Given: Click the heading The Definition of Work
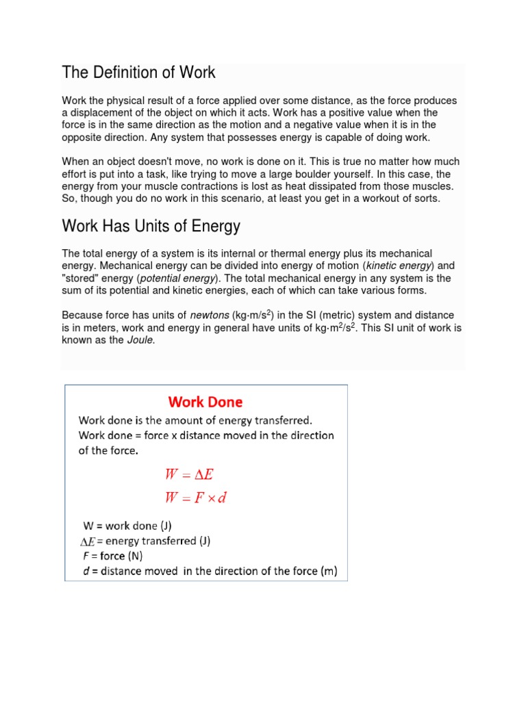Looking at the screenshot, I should click(138, 72).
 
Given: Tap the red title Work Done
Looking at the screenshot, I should click(205, 402).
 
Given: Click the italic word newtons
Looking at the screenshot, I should click(210, 315).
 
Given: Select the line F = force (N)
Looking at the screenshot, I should click(112, 556).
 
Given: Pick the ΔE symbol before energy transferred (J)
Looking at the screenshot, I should click(88, 541).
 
